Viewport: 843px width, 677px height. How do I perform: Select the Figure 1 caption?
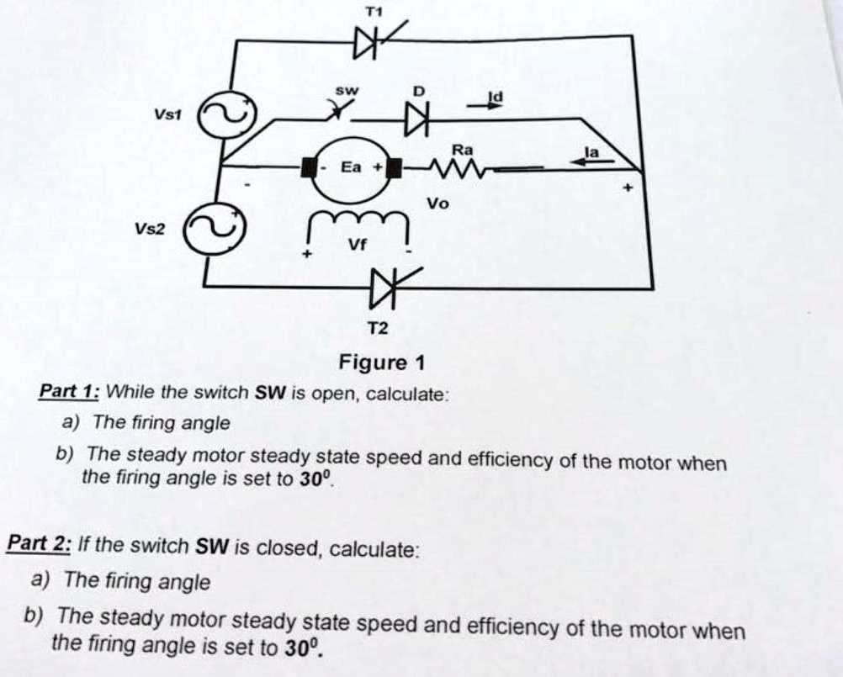[x=381, y=363]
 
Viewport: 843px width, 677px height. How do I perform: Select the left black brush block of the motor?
[x=310, y=168]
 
